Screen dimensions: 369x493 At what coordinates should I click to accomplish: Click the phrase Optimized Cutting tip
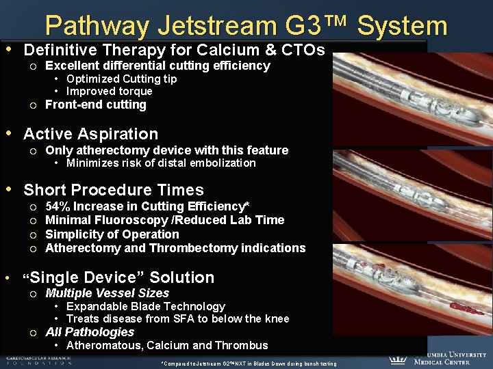coord(121,79)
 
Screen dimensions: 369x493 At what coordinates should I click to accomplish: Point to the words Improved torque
coord(109,91)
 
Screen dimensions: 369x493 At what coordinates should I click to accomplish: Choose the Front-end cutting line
coord(95,105)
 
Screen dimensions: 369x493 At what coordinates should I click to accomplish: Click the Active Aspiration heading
coord(90,134)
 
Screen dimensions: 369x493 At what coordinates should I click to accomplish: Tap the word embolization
coord(223,163)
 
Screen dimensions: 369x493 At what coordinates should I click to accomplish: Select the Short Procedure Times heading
coord(114,190)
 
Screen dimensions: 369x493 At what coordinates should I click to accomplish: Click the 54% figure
coord(57,206)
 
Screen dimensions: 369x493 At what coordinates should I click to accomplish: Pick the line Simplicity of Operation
coord(112,234)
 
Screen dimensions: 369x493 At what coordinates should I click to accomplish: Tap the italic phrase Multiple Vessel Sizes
coord(107,293)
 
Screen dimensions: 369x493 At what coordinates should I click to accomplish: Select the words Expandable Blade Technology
coord(145,306)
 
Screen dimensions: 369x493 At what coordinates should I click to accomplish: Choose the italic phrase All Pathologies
coord(89,332)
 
